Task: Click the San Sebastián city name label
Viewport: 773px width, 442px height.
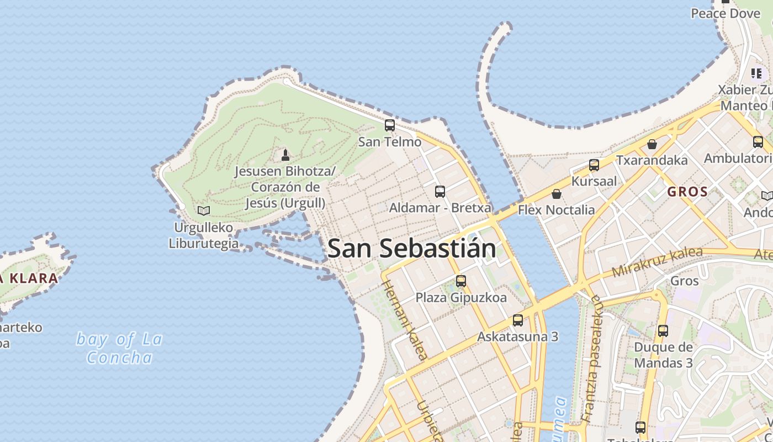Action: pos(411,249)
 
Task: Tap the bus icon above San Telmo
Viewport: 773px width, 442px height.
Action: pos(390,125)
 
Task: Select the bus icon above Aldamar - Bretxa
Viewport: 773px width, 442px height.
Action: pos(440,192)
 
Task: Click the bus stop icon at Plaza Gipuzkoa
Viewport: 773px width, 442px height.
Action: pos(461,281)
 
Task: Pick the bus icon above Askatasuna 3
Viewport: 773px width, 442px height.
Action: pos(518,320)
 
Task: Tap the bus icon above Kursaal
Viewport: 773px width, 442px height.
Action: pos(594,165)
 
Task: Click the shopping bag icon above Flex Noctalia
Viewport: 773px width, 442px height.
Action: pos(557,194)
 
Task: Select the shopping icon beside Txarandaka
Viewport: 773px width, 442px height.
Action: pos(652,144)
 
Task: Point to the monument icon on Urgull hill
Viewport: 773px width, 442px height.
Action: pos(285,155)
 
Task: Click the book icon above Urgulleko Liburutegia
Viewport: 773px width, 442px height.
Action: pos(204,211)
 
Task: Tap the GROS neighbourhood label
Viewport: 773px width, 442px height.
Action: pos(687,192)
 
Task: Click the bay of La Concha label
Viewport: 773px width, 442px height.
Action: pos(119,348)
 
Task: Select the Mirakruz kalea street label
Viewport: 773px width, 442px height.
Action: pos(657,262)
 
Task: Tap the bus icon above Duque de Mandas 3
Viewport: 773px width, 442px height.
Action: pos(663,331)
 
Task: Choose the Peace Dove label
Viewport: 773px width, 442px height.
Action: pos(726,13)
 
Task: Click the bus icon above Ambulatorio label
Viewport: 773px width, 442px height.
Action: pos(758,142)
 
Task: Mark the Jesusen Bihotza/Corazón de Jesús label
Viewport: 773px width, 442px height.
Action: pos(285,187)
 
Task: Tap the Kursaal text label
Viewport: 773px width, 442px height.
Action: pos(594,181)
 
